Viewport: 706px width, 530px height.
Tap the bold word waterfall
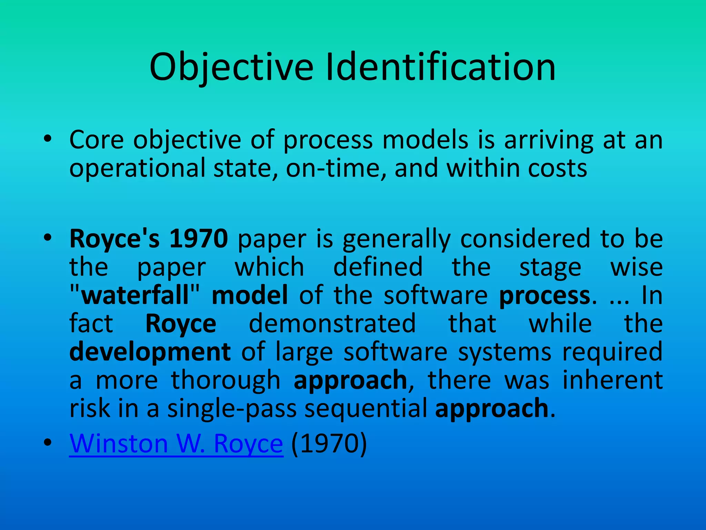point(135,295)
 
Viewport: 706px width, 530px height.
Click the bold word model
point(250,295)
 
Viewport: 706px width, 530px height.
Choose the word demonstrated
point(332,324)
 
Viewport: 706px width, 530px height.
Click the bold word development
point(150,352)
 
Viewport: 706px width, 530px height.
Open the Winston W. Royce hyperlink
point(176,443)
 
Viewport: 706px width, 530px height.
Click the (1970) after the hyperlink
point(329,443)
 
